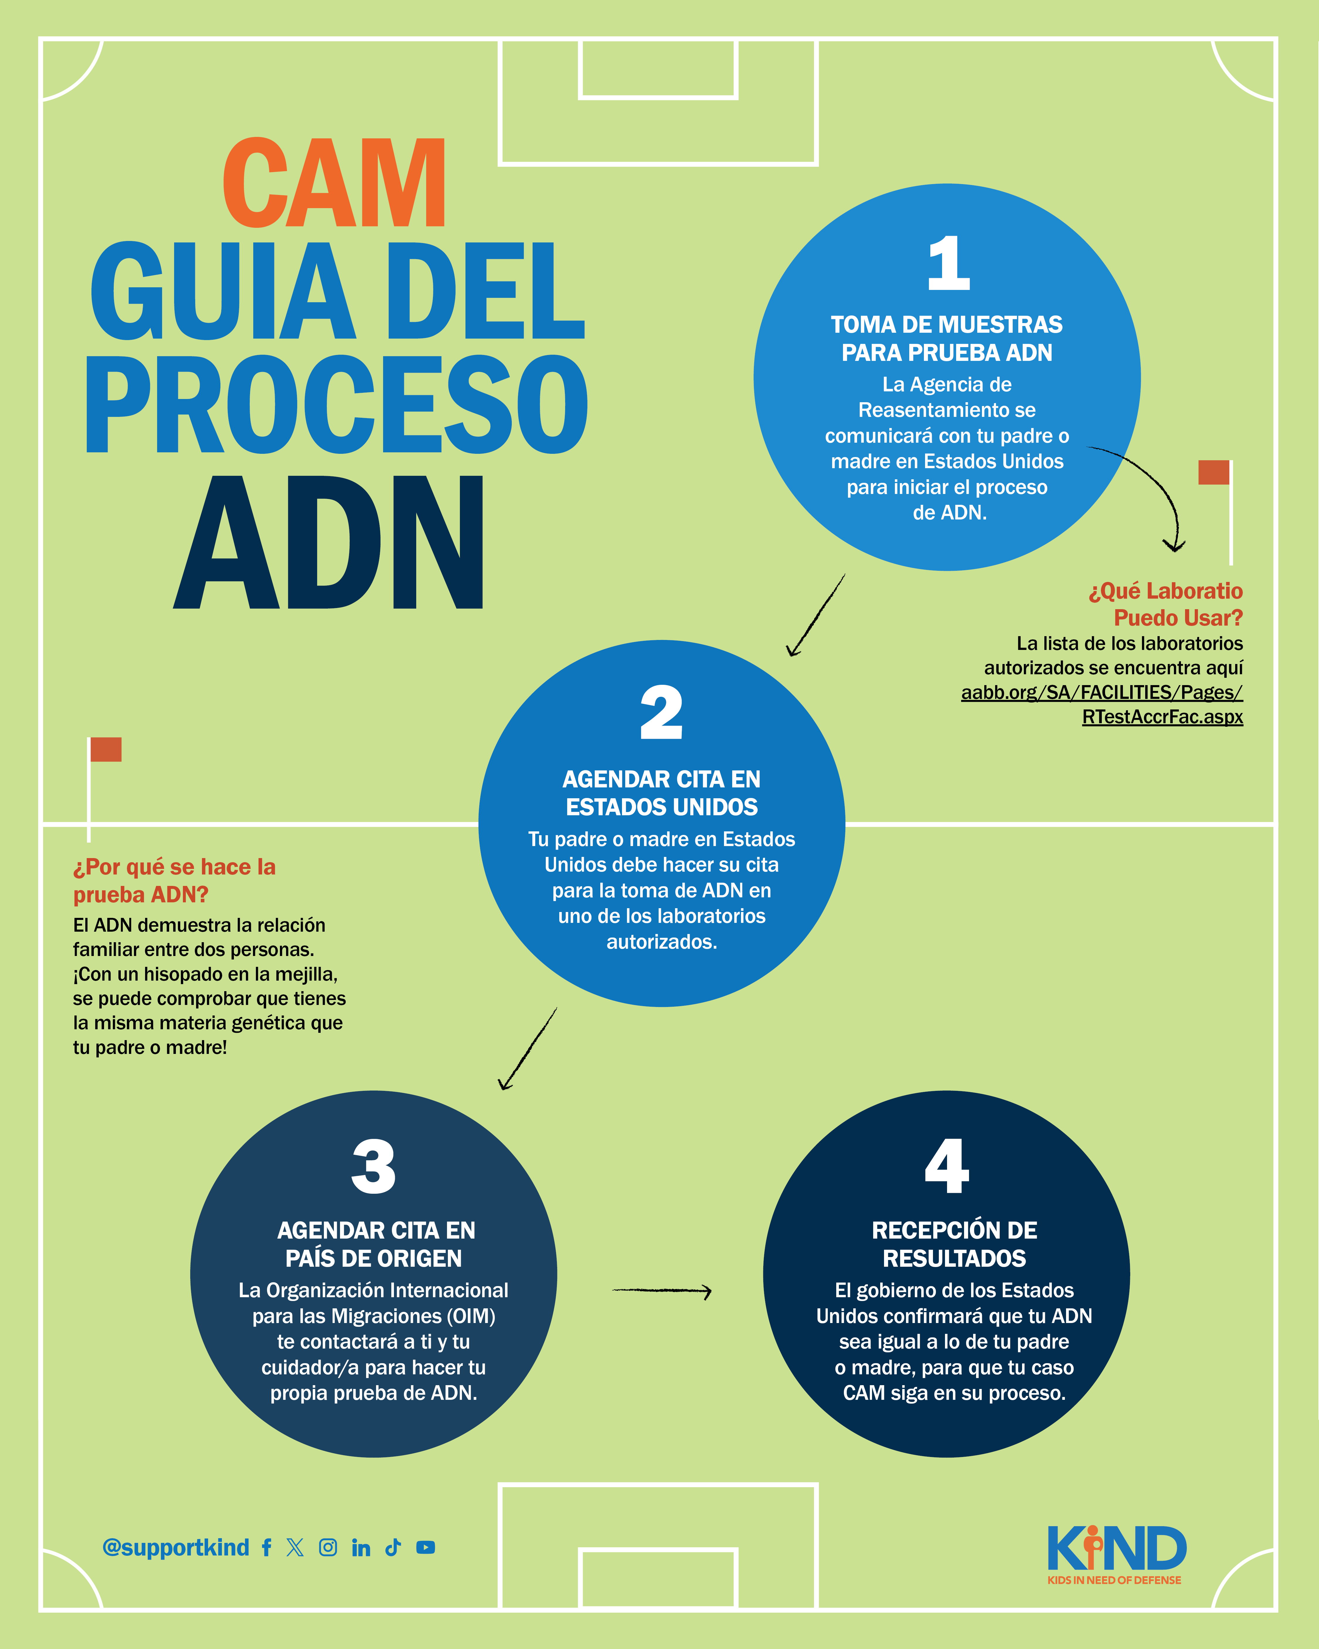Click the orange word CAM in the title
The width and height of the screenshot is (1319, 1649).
[334, 184]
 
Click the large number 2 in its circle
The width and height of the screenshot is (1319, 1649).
[662, 713]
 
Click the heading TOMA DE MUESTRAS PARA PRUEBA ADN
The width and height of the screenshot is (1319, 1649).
[947, 338]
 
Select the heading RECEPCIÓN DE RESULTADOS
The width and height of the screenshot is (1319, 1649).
[954, 1244]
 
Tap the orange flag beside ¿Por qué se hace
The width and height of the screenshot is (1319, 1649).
[106, 750]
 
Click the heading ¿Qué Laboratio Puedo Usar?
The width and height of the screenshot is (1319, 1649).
[1166, 603]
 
